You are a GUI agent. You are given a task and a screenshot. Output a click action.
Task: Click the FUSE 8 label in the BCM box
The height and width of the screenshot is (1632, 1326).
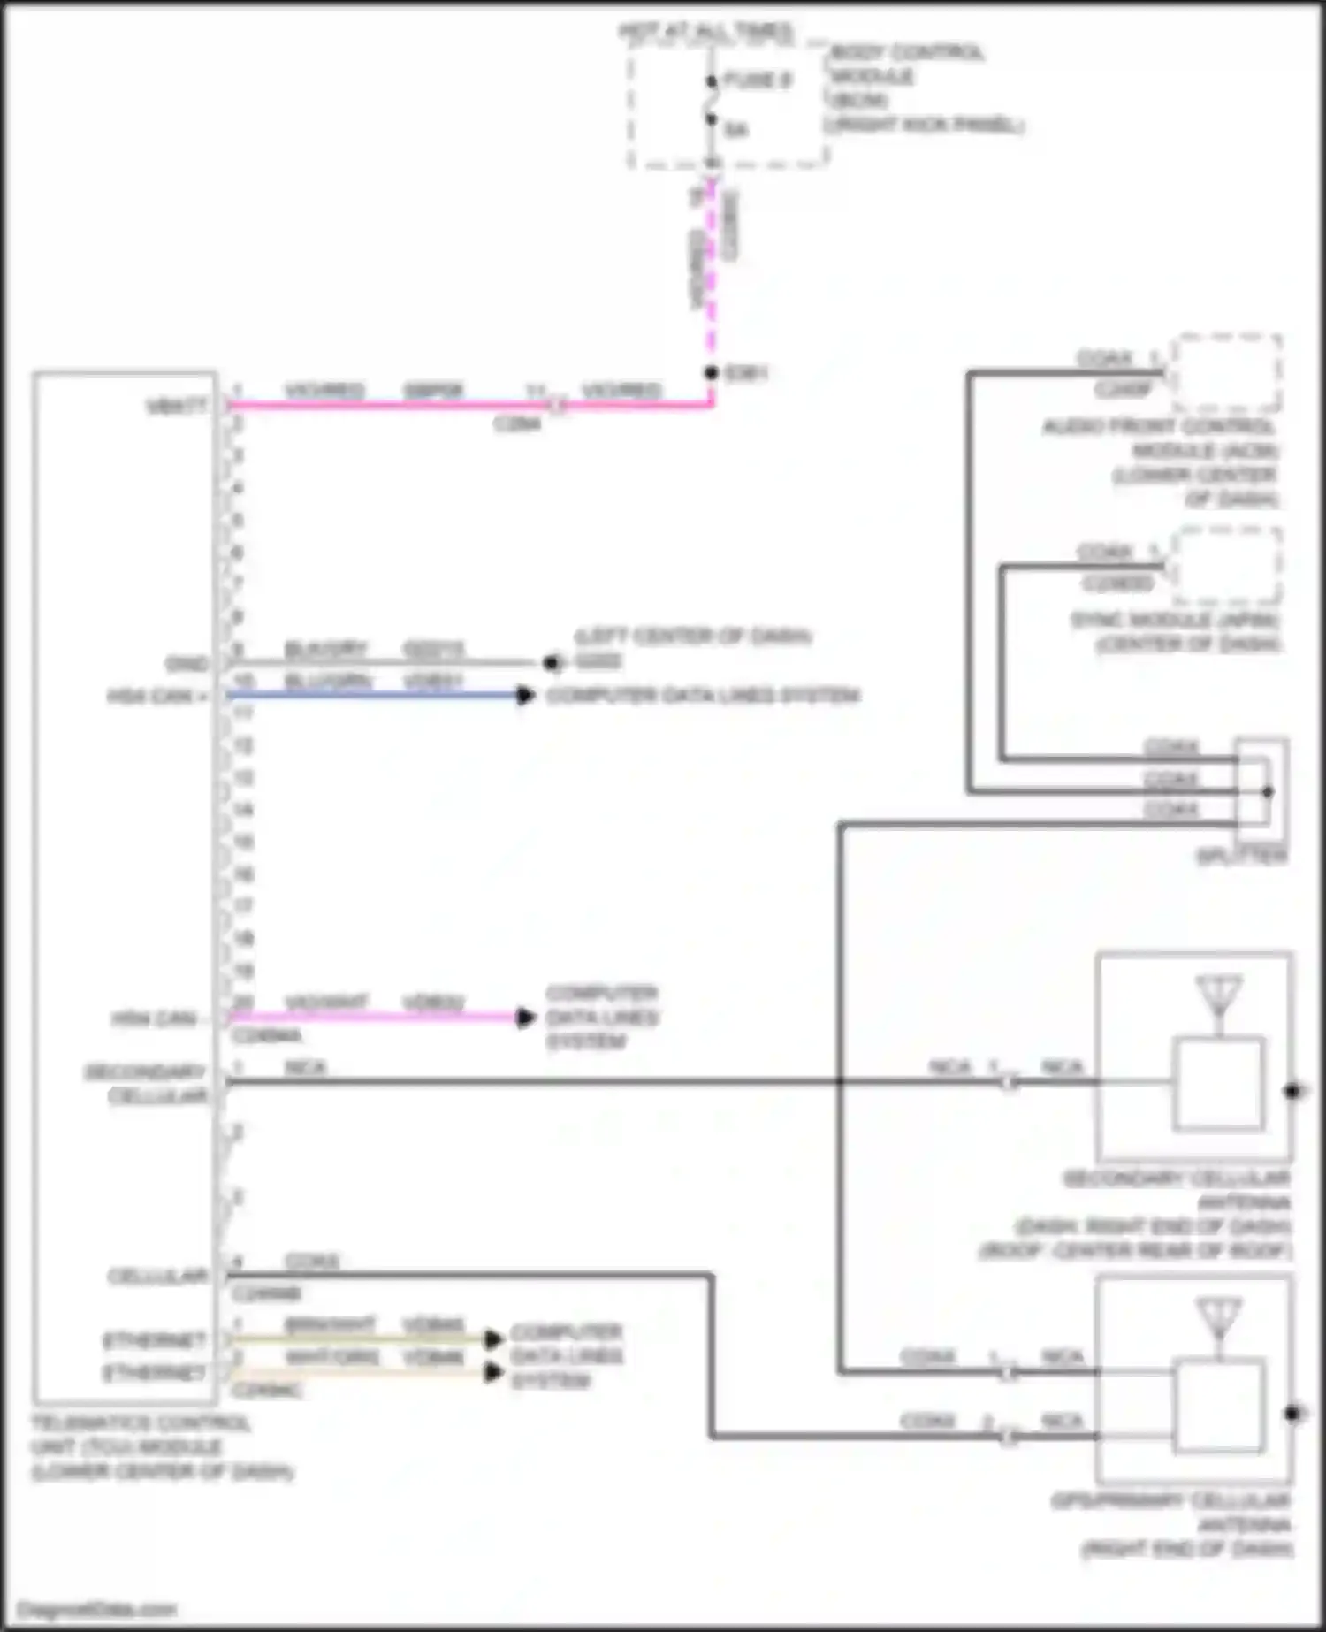757,80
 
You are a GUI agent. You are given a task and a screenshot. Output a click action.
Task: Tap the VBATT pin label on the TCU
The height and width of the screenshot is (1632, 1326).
177,406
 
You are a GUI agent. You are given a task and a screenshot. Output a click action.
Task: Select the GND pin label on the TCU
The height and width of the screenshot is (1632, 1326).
187,663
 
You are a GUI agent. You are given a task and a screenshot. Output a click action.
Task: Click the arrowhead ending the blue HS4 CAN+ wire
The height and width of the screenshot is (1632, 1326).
526,695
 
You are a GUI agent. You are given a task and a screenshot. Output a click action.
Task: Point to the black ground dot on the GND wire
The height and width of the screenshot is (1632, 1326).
551,662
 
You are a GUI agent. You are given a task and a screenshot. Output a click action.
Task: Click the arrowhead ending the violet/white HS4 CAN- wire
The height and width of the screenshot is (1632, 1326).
526,1018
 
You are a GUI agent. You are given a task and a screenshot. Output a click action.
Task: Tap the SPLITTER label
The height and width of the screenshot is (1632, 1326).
1241,856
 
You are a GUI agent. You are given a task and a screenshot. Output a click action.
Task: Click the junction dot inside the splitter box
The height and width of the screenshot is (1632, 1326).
1268,791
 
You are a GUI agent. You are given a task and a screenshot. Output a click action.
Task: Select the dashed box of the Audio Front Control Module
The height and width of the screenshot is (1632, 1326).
1227,373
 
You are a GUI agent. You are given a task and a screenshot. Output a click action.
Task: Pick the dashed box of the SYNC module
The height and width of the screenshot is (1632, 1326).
1227,566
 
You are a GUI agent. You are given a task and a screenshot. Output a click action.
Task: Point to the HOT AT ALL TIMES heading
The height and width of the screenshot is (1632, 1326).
705,32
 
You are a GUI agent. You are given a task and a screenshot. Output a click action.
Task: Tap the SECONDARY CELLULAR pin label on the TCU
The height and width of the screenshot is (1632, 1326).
147,1084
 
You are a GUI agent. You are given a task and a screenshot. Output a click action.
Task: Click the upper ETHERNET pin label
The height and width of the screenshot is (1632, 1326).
155,1340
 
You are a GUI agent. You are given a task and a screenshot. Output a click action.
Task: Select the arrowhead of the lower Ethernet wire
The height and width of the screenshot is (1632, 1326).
494,1373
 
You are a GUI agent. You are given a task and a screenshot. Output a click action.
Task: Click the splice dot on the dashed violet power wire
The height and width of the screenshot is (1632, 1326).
712,373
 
